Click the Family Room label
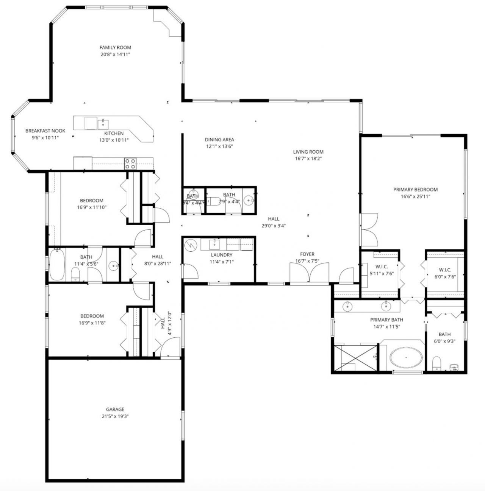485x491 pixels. pyautogui.click(x=115, y=47)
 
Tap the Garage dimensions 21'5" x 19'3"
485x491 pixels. pyautogui.click(x=115, y=416)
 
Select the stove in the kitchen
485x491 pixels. pyautogui.click(x=130, y=164)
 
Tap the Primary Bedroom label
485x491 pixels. pyautogui.click(x=415, y=190)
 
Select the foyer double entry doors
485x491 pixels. pyautogui.click(x=309, y=273)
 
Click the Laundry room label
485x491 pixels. pyautogui.click(x=221, y=255)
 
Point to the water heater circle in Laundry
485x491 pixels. pyautogui.click(x=191, y=245)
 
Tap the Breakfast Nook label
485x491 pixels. pyautogui.click(x=45, y=131)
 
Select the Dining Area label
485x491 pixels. pyautogui.click(x=219, y=139)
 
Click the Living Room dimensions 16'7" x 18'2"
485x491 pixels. pyautogui.click(x=308, y=159)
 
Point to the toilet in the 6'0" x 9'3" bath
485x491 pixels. pyautogui.click(x=436, y=363)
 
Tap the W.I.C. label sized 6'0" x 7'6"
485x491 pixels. pyautogui.click(x=445, y=270)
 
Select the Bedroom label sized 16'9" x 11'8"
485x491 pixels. pyautogui.click(x=92, y=316)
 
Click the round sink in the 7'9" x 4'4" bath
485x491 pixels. pyautogui.click(x=249, y=200)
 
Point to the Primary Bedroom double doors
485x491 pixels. pyautogui.click(x=368, y=230)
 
